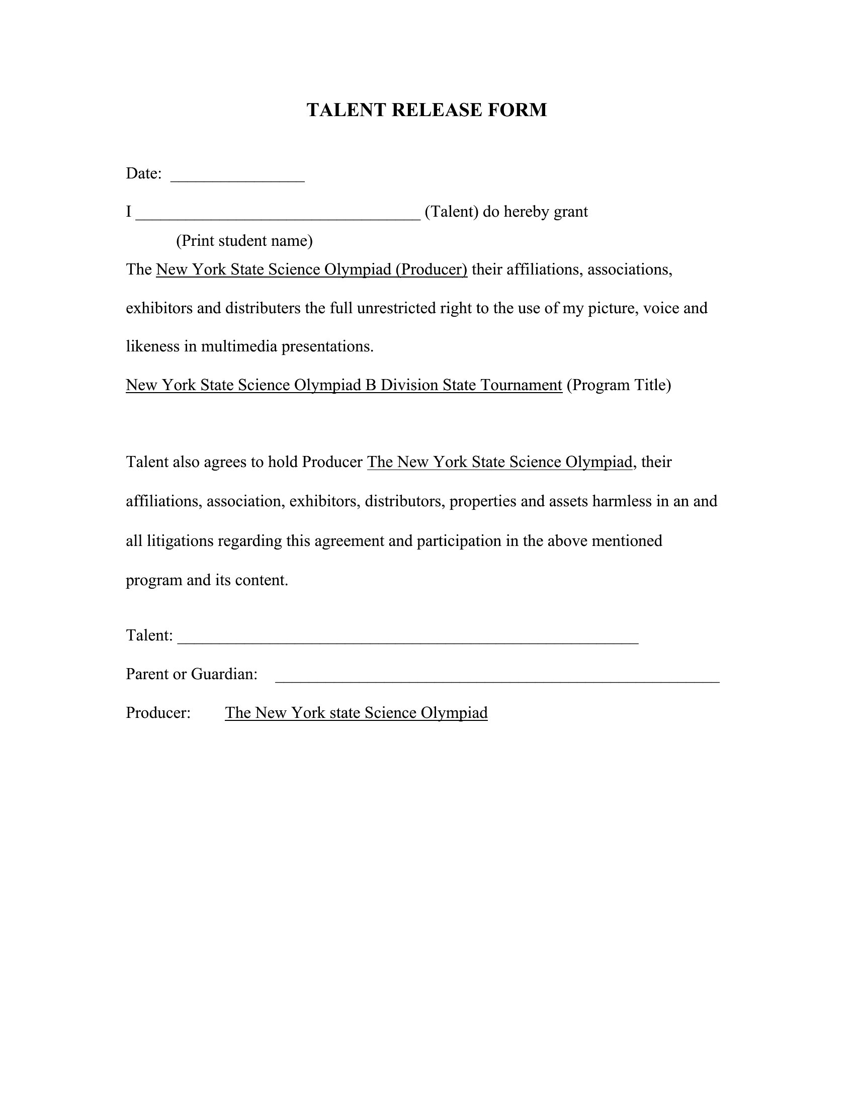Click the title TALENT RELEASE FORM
426,110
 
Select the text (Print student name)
244,240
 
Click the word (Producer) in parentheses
432,269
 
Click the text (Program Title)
619,386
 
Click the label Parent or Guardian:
192,674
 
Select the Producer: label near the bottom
158,713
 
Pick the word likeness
153,346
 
